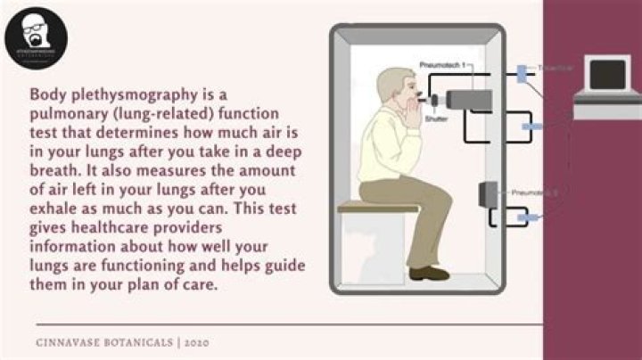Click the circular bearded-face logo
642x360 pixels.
click(36, 35)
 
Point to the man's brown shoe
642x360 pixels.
click(429, 273)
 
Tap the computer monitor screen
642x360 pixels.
click(606, 75)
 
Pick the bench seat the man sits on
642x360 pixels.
click(366, 207)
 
